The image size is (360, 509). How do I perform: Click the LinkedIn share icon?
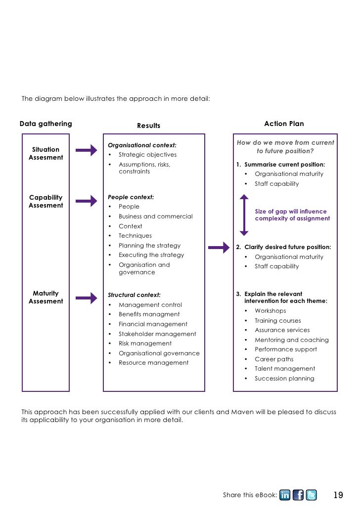click(x=285, y=495)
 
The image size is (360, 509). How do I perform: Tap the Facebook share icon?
click(x=298, y=495)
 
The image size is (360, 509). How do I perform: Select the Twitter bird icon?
click(x=311, y=495)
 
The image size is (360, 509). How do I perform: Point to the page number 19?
click(x=338, y=495)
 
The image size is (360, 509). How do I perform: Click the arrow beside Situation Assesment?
click(x=87, y=151)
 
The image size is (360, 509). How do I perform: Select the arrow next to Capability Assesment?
click(x=87, y=201)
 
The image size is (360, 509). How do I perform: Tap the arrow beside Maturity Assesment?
click(x=87, y=298)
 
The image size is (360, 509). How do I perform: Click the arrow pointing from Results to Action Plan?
click(x=219, y=248)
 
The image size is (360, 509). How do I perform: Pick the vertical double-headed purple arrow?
click(x=244, y=215)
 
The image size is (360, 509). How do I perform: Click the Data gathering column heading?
click(x=45, y=124)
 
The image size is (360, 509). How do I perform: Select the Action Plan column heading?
click(x=284, y=124)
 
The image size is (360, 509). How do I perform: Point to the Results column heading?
click(x=149, y=126)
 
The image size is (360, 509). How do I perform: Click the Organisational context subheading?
click(x=142, y=145)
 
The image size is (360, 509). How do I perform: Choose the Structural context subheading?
click(x=134, y=295)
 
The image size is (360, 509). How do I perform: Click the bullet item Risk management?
click(x=145, y=343)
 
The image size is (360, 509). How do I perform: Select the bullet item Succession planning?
click(x=284, y=379)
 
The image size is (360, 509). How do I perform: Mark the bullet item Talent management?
click(x=285, y=369)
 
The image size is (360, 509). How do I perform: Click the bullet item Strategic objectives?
click(x=147, y=155)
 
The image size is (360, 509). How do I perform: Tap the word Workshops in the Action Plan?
click(x=270, y=311)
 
